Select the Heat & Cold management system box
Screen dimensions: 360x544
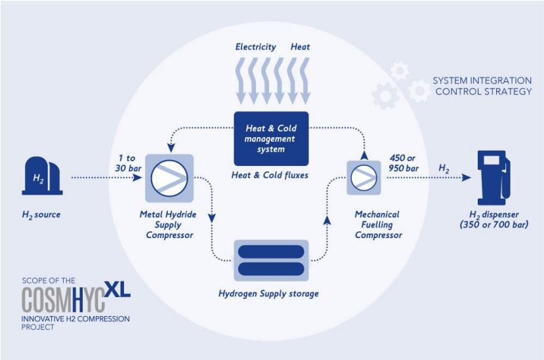click(270, 138)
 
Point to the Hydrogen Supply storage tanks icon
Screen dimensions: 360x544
click(270, 260)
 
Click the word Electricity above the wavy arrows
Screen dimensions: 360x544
click(255, 47)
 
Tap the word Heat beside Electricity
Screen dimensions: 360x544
click(300, 47)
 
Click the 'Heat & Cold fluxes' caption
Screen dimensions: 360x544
click(270, 176)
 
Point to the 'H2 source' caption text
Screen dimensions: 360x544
click(42, 214)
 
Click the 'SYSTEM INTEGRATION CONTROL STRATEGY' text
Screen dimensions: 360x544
click(482, 86)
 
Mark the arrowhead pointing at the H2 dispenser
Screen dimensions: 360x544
click(467, 177)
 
